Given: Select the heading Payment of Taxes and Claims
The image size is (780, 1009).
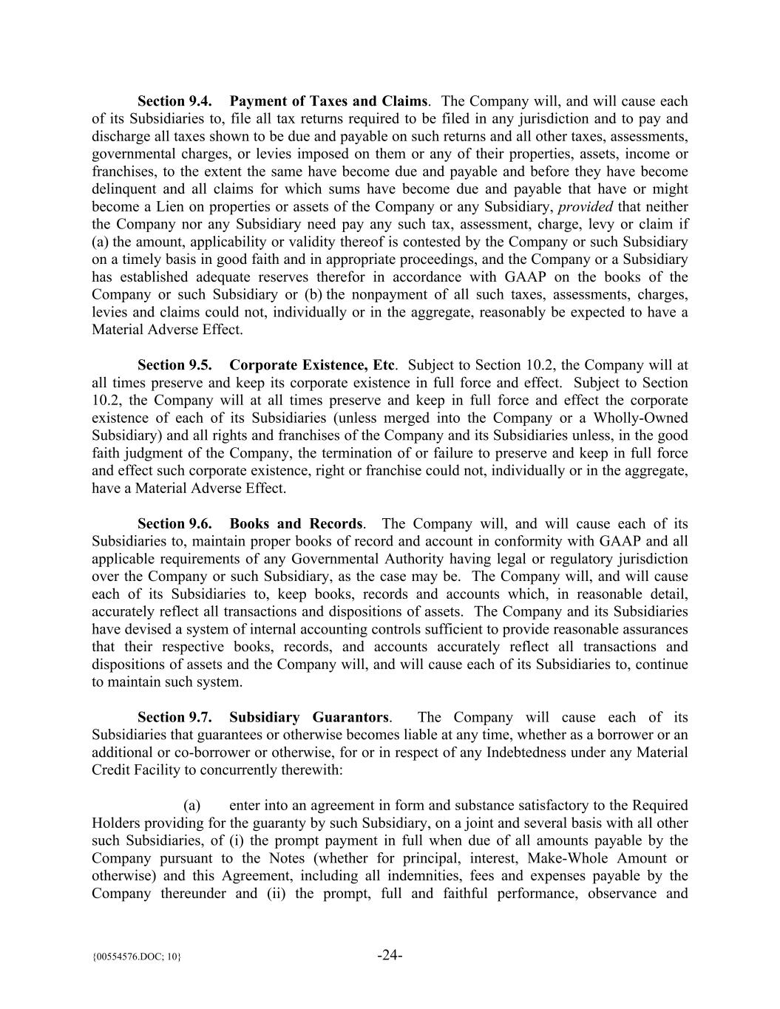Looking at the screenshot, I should coord(328,101).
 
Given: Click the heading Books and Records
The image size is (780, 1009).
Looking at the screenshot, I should coord(296,524).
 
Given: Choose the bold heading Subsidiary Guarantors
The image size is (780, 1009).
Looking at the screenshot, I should coord(308,717).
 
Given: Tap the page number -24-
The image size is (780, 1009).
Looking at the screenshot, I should coord(390,955).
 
